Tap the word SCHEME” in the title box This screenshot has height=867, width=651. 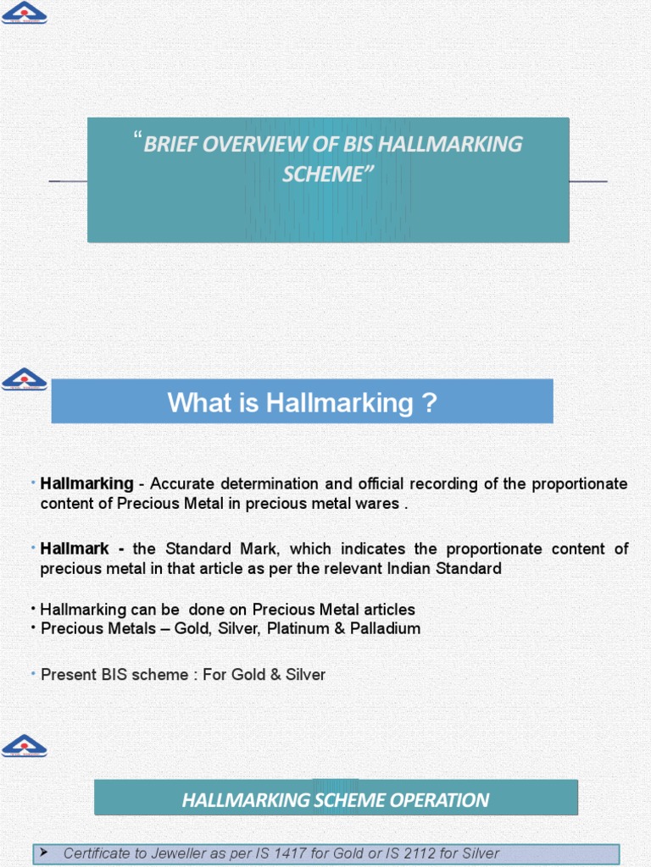click(x=327, y=174)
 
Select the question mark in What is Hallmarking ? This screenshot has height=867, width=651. click(x=429, y=402)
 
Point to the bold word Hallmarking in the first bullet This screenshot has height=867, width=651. click(x=86, y=483)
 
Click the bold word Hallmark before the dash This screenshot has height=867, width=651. click(x=75, y=549)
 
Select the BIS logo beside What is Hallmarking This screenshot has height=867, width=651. click(x=25, y=378)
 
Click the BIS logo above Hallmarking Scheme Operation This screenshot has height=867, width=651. click(x=25, y=745)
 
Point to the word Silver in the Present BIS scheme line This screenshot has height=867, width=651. click(x=305, y=675)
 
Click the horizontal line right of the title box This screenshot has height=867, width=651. click(x=588, y=181)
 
